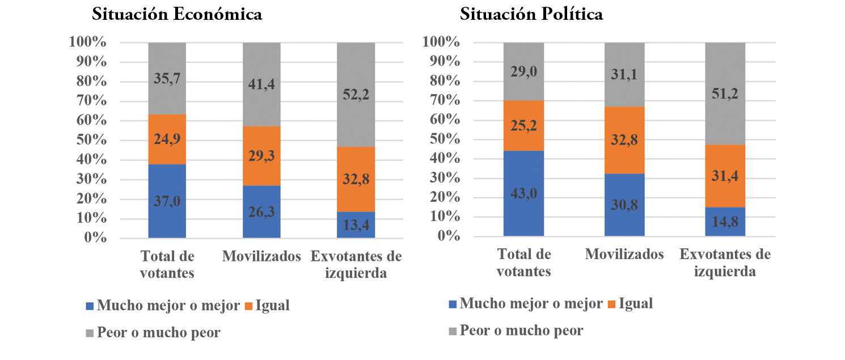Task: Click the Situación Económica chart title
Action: point(177,15)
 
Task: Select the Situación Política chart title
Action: point(531,15)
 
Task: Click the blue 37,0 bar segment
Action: point(167,201)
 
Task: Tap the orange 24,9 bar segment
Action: point(167,139)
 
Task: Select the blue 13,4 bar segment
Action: point(356,225)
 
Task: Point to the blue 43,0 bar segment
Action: point(523,193)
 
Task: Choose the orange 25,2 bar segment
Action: point(523,125)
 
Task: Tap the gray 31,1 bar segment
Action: point(624,74)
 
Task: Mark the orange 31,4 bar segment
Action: point(725,176)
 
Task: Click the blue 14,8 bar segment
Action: point(725,222)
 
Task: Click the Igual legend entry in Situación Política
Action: point(629,304)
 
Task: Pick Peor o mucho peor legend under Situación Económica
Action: point(153,333)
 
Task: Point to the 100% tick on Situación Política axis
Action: point(440,43)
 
